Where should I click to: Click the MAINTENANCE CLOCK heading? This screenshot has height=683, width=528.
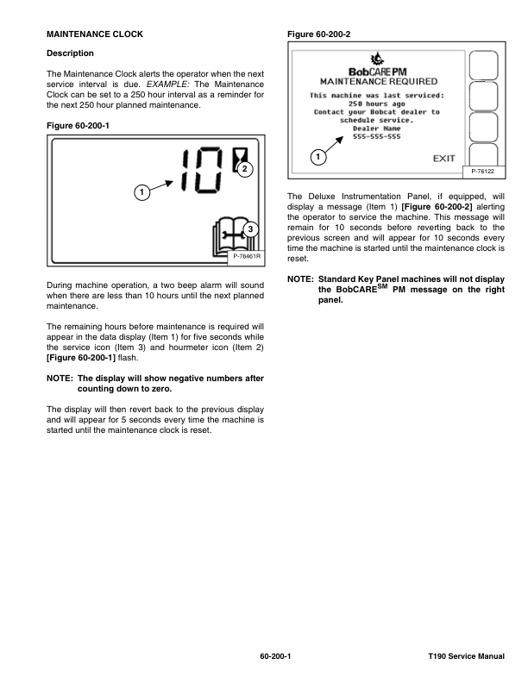point(94,34)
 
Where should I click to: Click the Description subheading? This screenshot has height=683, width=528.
point(70,53)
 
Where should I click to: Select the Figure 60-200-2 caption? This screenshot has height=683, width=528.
point(324,34)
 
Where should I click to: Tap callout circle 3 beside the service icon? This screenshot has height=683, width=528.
point(248,229)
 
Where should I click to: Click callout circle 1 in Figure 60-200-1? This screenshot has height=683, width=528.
point(140,190)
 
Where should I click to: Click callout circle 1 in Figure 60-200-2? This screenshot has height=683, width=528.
point(319,158)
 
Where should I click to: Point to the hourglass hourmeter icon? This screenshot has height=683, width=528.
point(239,154)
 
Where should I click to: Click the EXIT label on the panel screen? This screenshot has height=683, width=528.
point(443,159)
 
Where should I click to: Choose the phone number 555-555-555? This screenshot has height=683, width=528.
point(375,136)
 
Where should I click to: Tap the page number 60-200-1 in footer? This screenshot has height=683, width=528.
point(275,658)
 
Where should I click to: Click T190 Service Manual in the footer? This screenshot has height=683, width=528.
point(465,658)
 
